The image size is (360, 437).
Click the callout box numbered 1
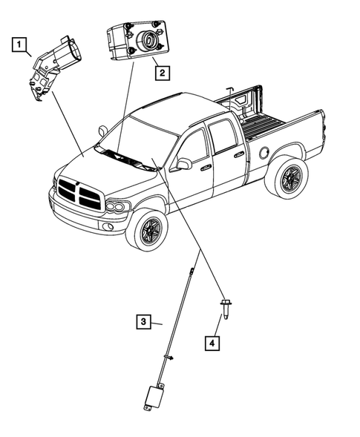pyautogui.click(x=19, y=45)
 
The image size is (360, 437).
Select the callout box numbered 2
pyautogui.click(x=163, y=73)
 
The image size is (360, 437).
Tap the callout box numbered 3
pyautogui.click(x=143, y=321)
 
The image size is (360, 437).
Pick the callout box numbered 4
pyautogui.click(x=212, y=343)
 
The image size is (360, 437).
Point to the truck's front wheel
pyautogui.click(x=147, y=231)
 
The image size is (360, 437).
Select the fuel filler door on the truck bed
pyautogui.click(x=264, y=152)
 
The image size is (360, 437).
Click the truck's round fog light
pyautogui.click(x=108, y=226)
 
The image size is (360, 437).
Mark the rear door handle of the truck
pyautogui.click(x=239, y=154)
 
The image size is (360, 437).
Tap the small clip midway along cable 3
pyautogui.click(x=169, y=357)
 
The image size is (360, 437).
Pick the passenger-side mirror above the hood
pyautogui.click(x=103, y=131)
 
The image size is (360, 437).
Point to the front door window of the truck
pyautogui.click(x=193, y=148)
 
